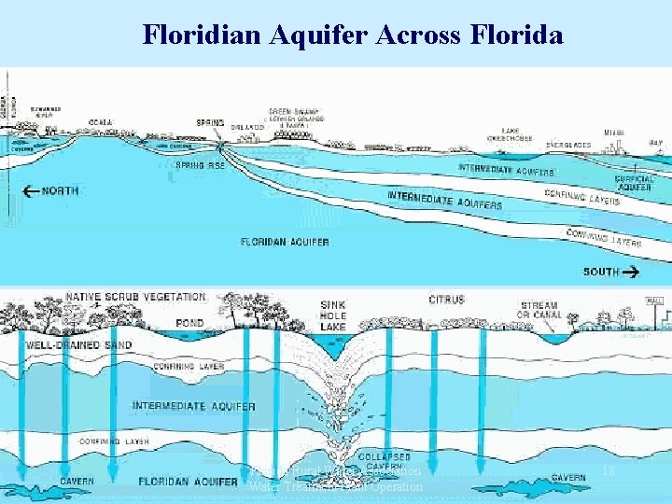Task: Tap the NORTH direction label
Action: (60, 191)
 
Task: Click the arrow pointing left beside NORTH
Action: (30, 191)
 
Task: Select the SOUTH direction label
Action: (602, 272)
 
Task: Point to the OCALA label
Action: (101, 122)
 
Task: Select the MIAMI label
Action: (614, 133)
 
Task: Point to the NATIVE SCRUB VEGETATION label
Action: (123, 297)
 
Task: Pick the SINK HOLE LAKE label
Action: (332, 315)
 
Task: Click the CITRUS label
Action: (446, 300)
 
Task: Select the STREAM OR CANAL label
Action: (538, 310)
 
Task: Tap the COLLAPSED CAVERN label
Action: (385, 461)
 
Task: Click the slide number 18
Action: (609, 473)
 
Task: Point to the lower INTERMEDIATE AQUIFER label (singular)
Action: (193, 406)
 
